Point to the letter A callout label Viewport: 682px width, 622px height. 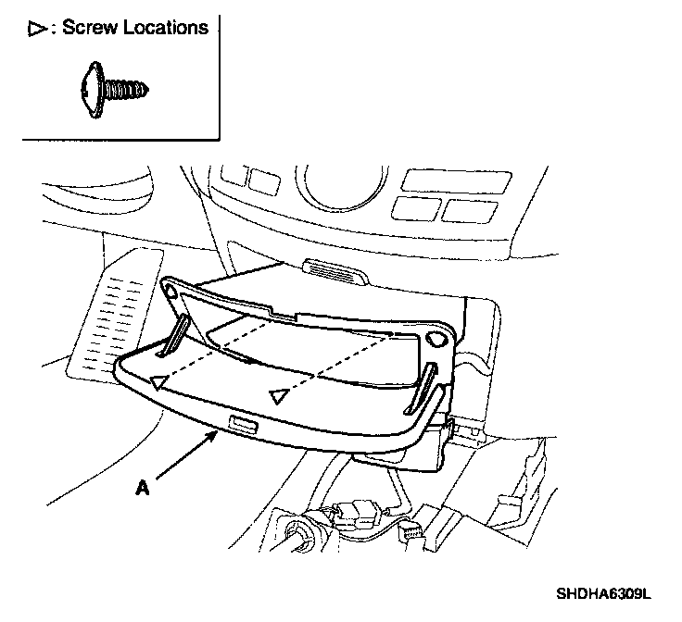point(142,488)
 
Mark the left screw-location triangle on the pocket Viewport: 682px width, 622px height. point(159,380)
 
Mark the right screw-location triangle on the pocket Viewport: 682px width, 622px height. point(276,396)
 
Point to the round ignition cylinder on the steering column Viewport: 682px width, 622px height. point(302,537)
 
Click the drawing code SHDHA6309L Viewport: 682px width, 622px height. point(605,593)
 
